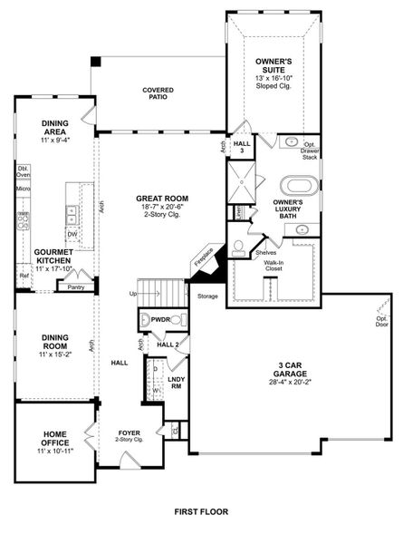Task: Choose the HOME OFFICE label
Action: click(53, 440)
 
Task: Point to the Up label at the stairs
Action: click(134, 295)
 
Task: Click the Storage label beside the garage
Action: click(206, 296)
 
